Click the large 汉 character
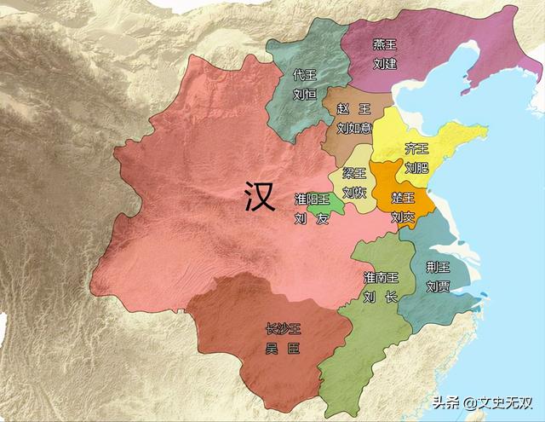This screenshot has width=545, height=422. [259, 198]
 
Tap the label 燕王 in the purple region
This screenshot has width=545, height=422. [385, 45]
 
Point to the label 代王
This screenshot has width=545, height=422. [304, 75]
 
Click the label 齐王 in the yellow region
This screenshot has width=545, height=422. [416, 148]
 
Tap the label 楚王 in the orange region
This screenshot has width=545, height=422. [403, 198]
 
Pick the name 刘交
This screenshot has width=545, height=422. [403, 217]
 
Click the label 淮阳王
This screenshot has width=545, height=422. [312, 199]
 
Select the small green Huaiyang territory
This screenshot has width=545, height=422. [319, 208]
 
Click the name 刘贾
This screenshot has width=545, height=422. [438, 286]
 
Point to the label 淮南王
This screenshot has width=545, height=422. [380, 278]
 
